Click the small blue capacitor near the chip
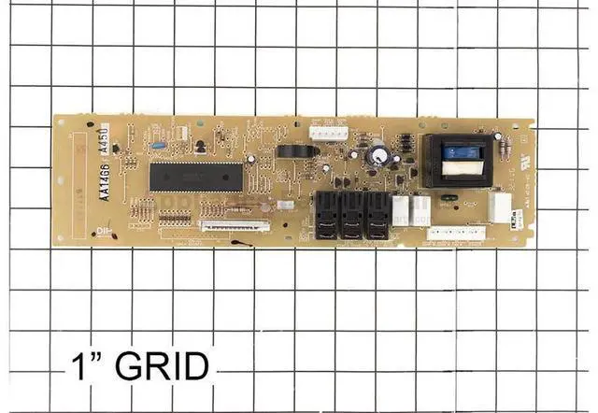tap(158, 146)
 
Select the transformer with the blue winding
tap(458, 160)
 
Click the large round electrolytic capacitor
tap(379, 151)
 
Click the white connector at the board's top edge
tap(327, 134)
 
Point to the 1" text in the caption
tap(88, 364)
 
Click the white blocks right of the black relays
tap(409, 209)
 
